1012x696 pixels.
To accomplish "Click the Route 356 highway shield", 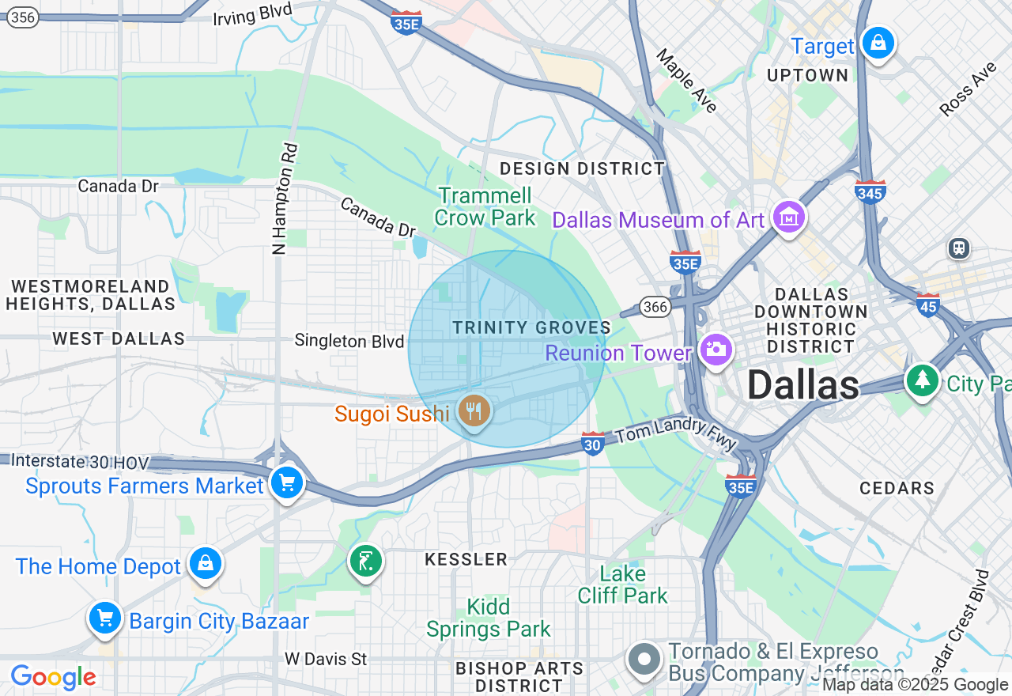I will pos(24,17).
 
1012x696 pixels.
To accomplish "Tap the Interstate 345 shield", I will pos(870,191).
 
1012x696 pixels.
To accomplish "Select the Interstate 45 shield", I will pos(928,304).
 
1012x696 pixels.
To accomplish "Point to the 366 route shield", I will pos(655,307).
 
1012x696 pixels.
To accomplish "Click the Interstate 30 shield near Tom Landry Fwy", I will pos(593,444).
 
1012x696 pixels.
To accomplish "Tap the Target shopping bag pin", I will pos(878,43).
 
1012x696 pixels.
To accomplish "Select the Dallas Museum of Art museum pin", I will pos(788,216).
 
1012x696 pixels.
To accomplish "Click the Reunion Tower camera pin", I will pos(716,350).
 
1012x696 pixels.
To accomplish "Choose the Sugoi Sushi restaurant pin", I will pos(474,410).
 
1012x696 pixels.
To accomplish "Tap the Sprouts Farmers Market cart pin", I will pos(286,482).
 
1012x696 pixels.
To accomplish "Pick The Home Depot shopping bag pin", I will pos(206,563).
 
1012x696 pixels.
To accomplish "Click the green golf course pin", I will pos(365,562).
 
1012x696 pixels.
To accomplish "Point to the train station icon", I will pos(959,248).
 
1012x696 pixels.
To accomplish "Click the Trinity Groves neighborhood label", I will pos(531,327).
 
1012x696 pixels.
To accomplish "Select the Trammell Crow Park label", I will pos(485,206).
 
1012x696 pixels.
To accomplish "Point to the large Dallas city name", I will pos(802,385).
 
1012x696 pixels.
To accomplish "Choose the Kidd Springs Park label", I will pos(488,618).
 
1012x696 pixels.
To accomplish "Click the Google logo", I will pos(53,678).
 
